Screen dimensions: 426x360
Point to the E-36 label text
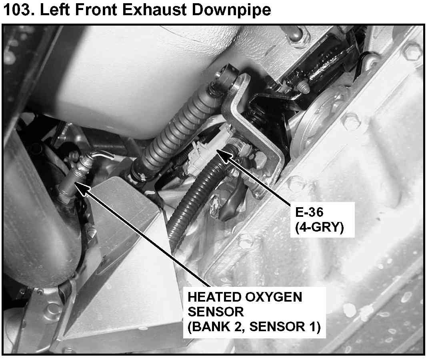[x=309, y=212]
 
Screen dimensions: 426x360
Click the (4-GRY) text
[x=320, y=227]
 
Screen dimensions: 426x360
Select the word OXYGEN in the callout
[x=276, y=297]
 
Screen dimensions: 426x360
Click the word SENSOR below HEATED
[x=216, y=312]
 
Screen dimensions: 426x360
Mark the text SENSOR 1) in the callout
[x=285, y=327]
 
